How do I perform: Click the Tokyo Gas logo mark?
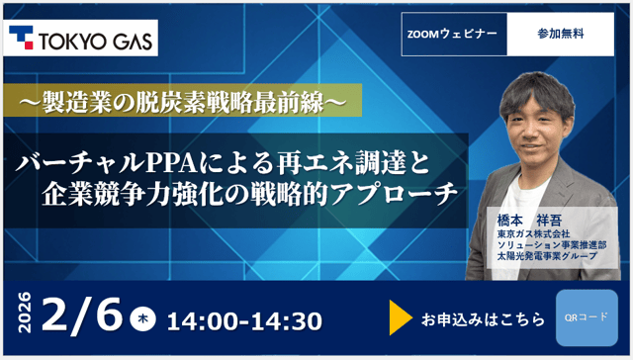(24, 39)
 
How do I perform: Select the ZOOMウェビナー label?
(452, 34)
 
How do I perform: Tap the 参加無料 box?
(560, 34)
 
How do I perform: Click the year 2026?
(27, 316)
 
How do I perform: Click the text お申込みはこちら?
(483, 318)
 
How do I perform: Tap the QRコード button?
(587, 317)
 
